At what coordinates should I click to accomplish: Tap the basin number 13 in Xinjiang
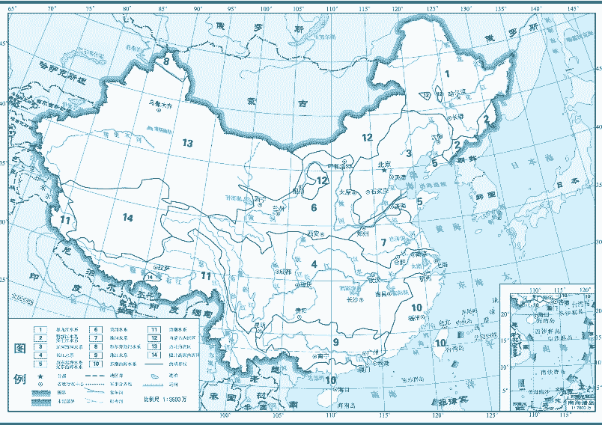tap(187, 143)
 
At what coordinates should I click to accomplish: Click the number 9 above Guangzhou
tap(336, 342)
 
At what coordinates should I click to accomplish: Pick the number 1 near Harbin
tap(447, 73)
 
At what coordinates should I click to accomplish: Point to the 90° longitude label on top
tap(198, 9)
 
